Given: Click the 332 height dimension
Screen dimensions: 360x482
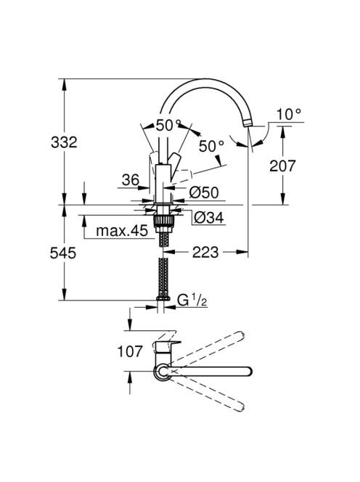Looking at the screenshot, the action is point(64,142).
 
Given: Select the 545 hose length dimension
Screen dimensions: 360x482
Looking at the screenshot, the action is point(62,253).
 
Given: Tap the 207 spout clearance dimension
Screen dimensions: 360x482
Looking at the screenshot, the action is point(282,166).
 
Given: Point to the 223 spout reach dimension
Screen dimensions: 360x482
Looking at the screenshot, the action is point(205,253).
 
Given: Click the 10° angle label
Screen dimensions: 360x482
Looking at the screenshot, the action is point(289,115).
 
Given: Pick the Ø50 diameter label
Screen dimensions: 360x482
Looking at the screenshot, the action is point(204,193).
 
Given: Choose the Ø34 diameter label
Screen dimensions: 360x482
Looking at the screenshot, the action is point(209,218).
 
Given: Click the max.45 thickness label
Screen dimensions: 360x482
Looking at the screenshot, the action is point(122,231).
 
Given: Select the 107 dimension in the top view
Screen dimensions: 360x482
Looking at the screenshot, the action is point(130,351).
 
